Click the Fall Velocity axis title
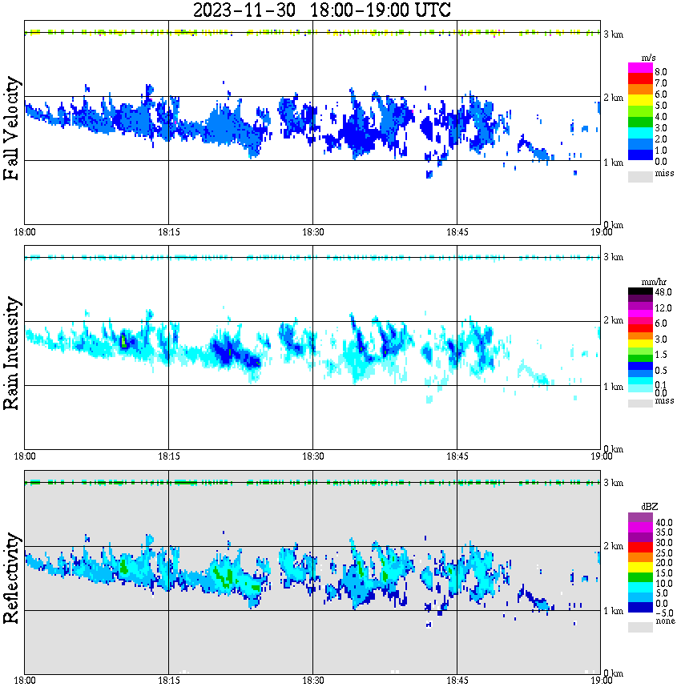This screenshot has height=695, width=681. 12,129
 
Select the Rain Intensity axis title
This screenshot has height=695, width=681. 12,352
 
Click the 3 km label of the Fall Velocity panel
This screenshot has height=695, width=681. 613,34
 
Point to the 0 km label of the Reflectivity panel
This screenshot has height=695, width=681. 613,673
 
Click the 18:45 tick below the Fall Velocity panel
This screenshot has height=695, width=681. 457,231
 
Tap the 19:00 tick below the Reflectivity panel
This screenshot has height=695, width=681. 601,681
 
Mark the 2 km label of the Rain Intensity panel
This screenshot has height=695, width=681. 613,321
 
